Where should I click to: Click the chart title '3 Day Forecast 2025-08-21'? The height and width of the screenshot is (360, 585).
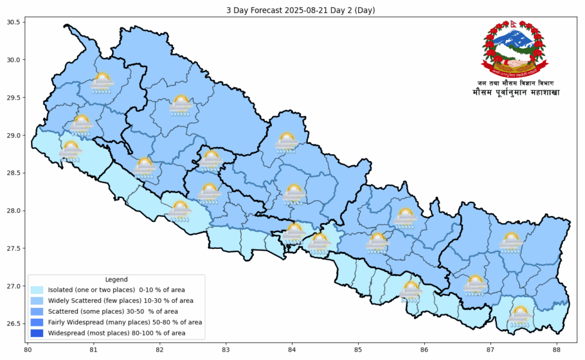tap(292, 10)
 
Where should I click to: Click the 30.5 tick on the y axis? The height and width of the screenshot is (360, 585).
tap(13, 22)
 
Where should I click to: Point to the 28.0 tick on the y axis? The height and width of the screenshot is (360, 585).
tap(13, 211)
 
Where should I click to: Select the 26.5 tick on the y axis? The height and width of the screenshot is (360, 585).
tap(13, 324)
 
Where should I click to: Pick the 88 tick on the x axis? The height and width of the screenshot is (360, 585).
tap(557, 349)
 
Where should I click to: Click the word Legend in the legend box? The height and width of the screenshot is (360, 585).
tap(116, 280)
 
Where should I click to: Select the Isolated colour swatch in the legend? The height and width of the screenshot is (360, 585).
tap(37, 290)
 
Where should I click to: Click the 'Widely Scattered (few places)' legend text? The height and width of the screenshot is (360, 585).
tap(121, 301)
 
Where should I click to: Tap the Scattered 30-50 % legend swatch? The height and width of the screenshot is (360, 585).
tap(37, 311)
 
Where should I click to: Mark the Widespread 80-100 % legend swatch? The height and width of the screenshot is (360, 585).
tap(37, 333)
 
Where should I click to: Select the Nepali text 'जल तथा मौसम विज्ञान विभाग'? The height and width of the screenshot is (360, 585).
tap(515, 83)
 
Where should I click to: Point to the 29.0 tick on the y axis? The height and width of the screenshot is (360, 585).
tap(13, 136)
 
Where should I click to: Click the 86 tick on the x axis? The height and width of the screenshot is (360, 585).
tap(424, 349)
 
